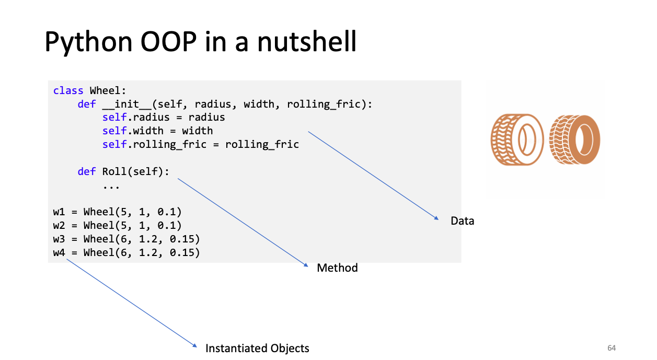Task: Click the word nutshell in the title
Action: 307,41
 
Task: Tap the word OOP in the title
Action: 169,42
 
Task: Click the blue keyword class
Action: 68,90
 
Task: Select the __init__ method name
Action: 126,104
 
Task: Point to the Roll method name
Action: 114,171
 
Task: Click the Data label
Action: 462,220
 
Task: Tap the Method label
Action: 337,268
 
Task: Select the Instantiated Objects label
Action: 257,349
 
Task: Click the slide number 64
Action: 612,348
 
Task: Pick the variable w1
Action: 59,212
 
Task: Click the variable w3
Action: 59,239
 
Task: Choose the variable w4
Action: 59,252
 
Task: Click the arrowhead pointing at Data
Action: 437,218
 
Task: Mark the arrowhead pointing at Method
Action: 306,265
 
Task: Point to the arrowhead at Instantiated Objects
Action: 195,346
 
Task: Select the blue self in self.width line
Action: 114,131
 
